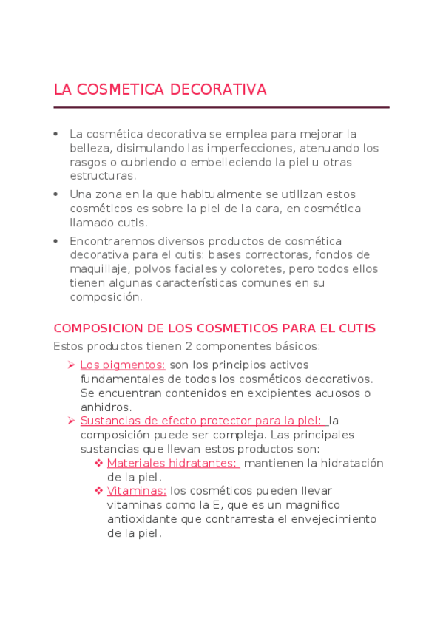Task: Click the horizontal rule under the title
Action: point(221,108)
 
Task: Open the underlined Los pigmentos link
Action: point(123,365)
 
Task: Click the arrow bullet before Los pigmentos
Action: point(72,365)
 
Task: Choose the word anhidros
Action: point(106,407)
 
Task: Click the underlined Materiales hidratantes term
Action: point(173,463)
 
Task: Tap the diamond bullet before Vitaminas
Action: point(98,490)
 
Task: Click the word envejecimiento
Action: point(329,518)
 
